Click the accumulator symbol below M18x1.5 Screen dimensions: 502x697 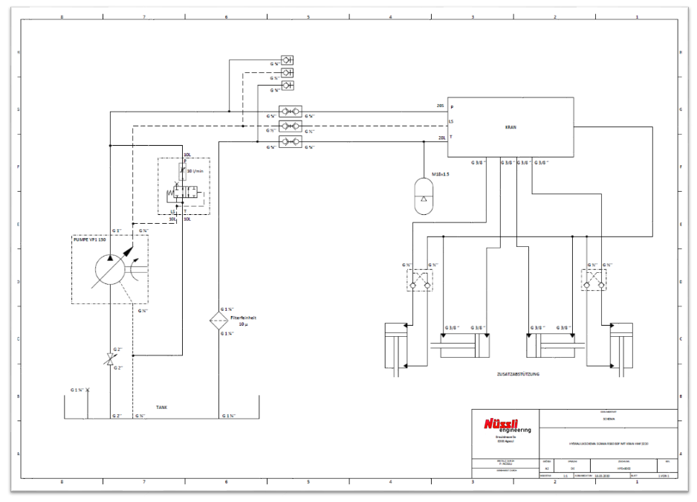(x=424, y=196)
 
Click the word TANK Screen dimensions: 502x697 (x=161, y=408)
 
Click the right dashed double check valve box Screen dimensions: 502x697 (x=594, y=280)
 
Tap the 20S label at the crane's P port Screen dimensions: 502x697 (x=440, y=106)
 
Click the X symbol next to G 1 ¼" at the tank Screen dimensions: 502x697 (x=88, y=390)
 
